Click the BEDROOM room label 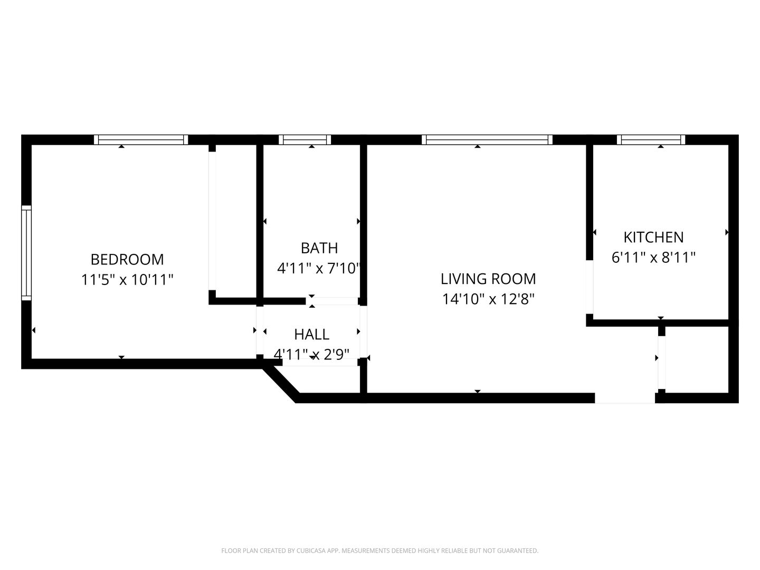coord(127,260)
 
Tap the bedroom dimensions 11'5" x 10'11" coord(127,280)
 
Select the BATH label coord(319,248)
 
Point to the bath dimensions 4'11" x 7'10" coord(319,268)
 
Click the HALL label coord(311,335)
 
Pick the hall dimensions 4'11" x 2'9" coord(311,354)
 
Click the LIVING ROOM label coord(488,279)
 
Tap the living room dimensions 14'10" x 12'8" coord(488,299)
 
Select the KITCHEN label coord(654,237)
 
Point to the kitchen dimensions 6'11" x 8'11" coord(654,258)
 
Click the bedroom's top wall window coord(141,140)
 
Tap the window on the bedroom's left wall coord(26,253)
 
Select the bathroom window coord(305,140)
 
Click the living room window coord(487,140)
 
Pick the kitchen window coord(651,140)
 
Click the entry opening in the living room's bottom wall coord(625,398)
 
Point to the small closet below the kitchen coord(697,359)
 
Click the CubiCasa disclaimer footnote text coord(380,550)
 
